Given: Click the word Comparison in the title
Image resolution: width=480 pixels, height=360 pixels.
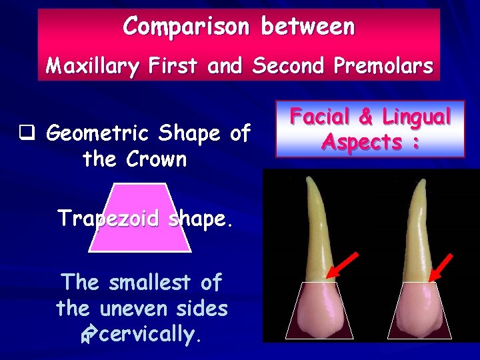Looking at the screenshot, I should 188,27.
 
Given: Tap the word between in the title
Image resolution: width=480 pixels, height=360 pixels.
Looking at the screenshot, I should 307,27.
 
